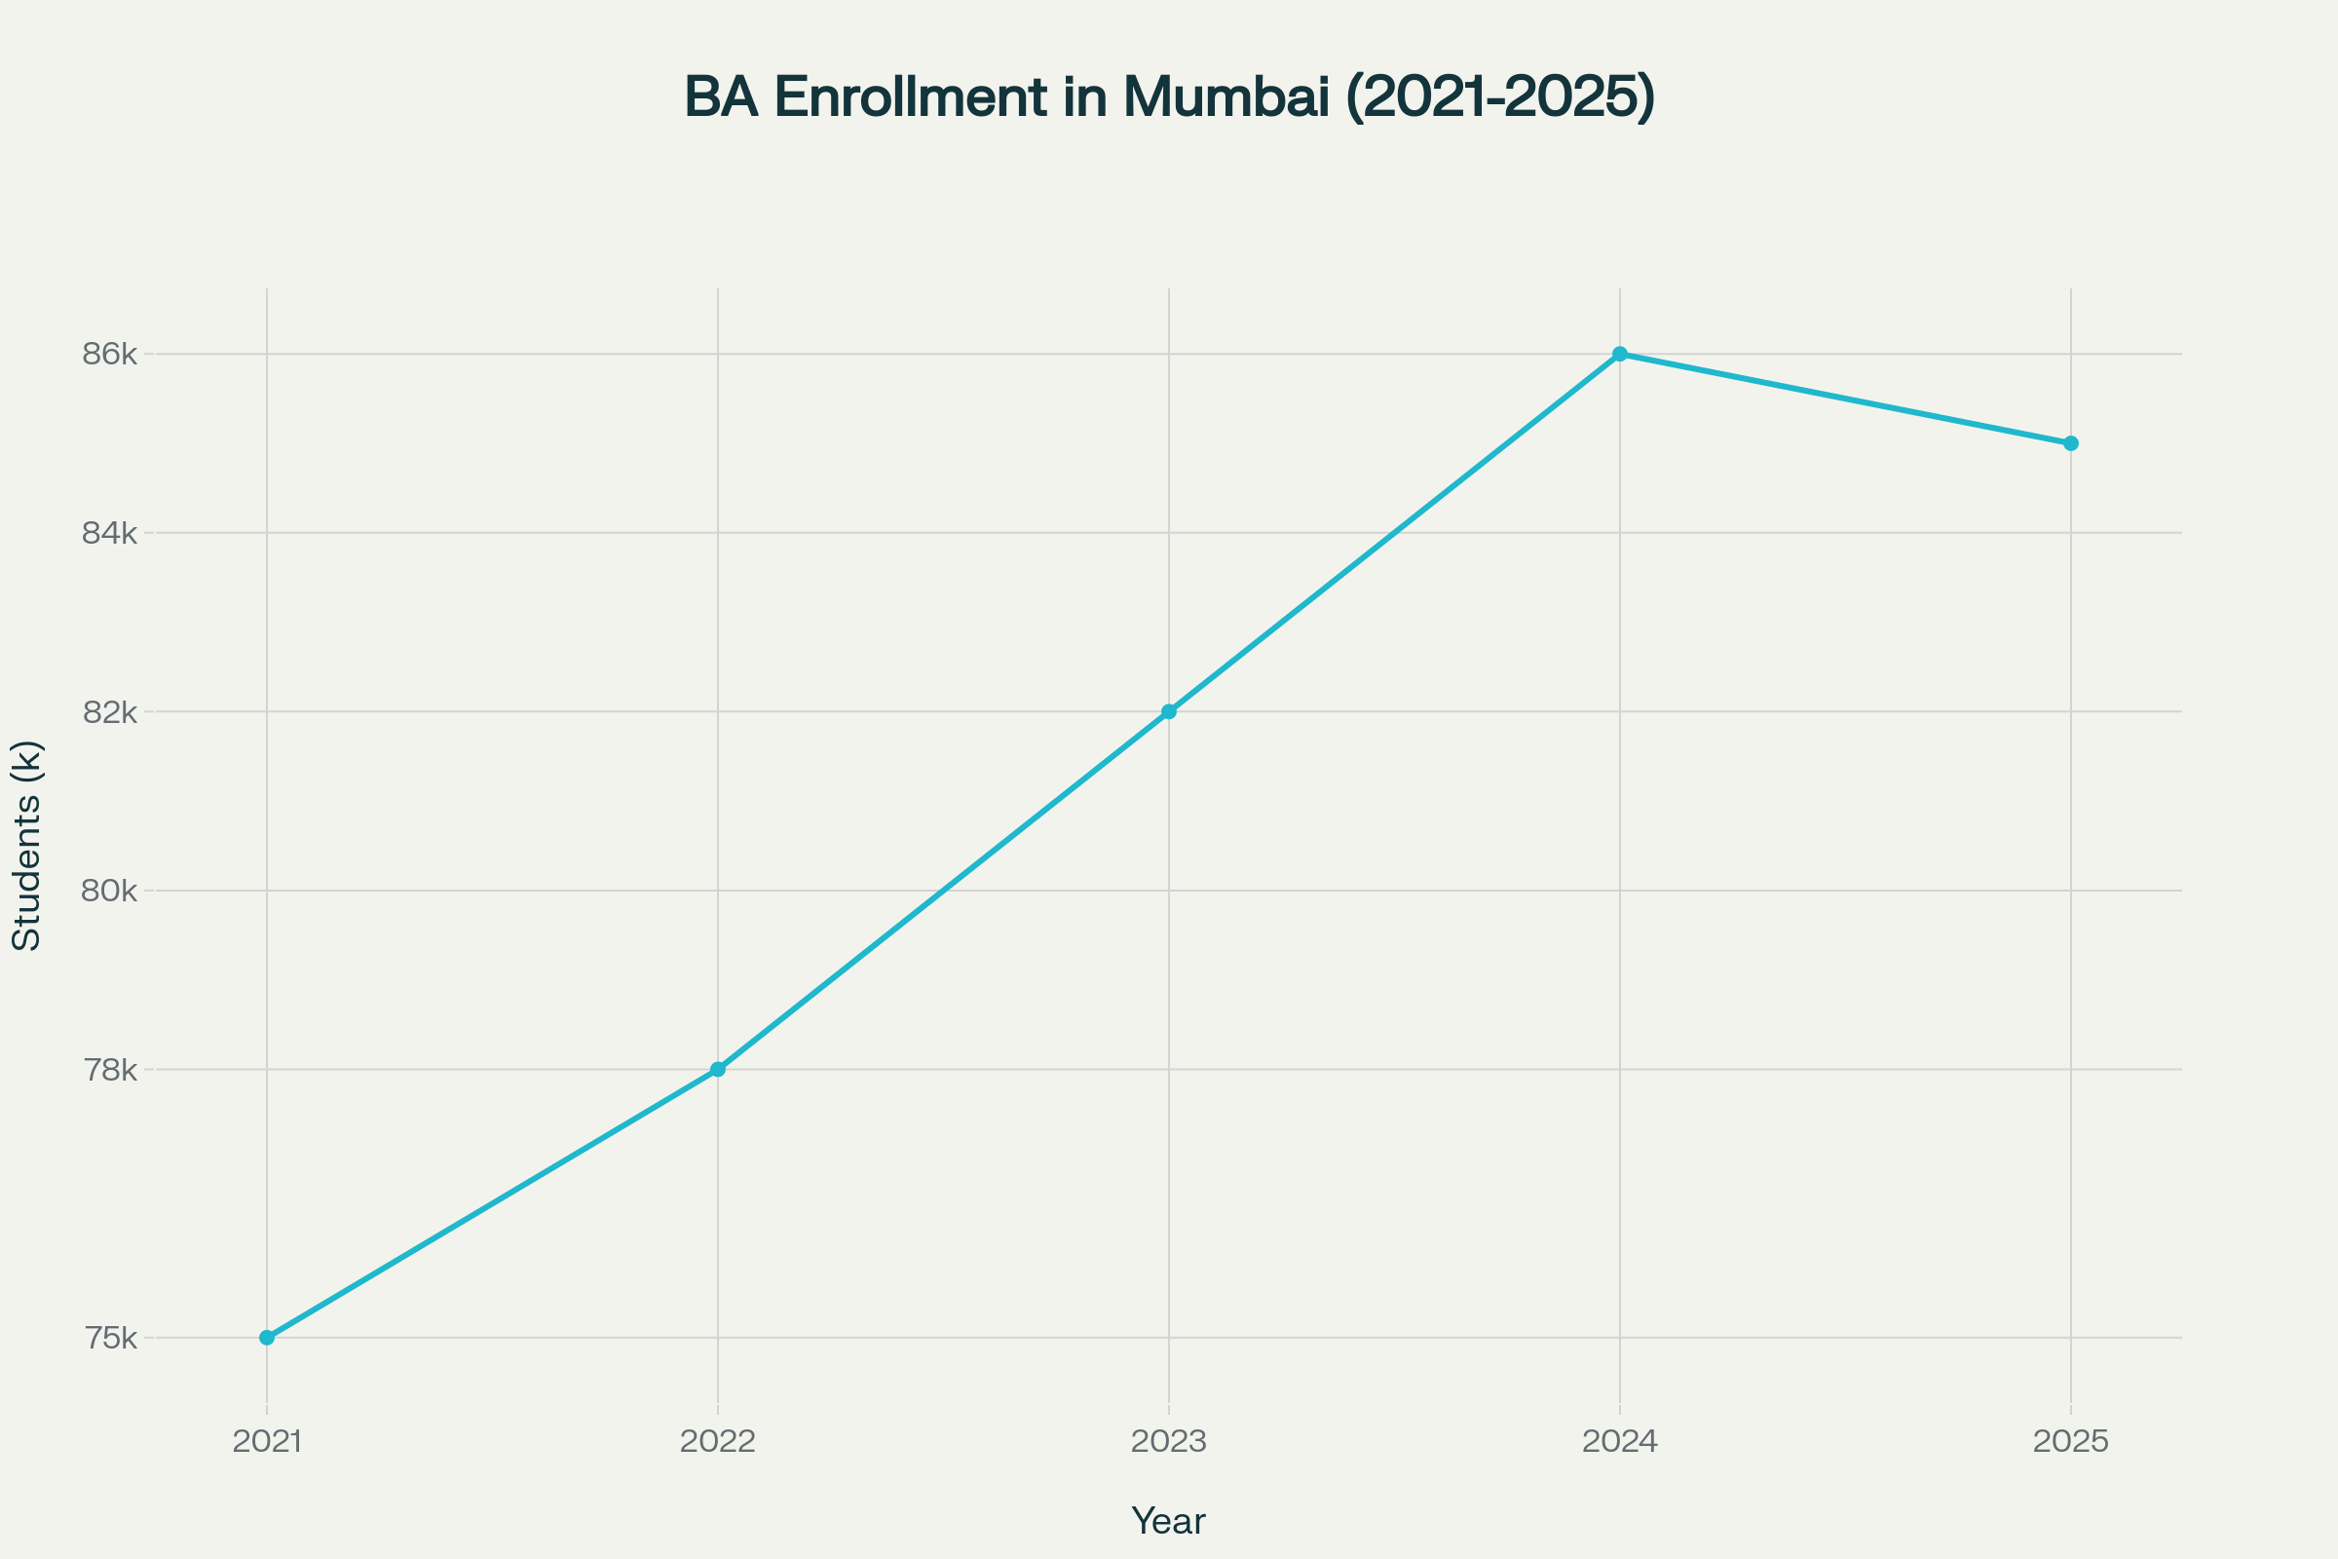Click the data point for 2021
[x=266, y=1337]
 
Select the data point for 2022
[x=718, y=1069]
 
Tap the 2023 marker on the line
[x=1169, y=711]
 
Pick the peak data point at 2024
[x=1620, y=354]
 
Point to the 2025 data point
[x=2071, y=443]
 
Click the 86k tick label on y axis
[x=109, y=354]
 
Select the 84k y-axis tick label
[x=109, y=533]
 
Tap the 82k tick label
[x=109, y=712]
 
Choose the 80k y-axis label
[x=109, y=891]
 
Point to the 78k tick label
[x=109, y=1070]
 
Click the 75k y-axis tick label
[x=110, y=1338]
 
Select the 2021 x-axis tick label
[x=266, y=1442]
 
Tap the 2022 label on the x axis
[x=718, y=1442]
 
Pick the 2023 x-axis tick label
[x=1169, y=1442]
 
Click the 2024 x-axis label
[x=1620, y=1442]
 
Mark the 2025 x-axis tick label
[x=2071, y=1442]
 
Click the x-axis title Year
[x=1169, y=1521]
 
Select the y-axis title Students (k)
[x=28, y=845]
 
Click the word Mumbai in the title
[x=1226, y=97]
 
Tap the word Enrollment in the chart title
[x=911, y=97]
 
